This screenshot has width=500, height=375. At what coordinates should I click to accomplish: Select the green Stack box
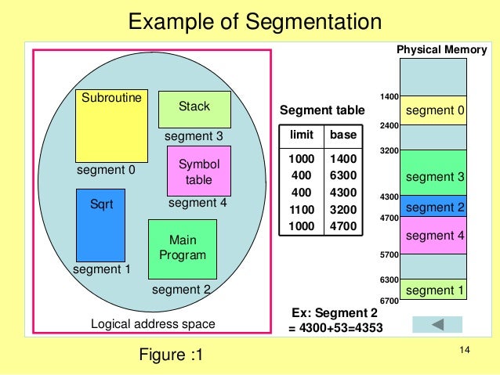pyautogui.click(x=194, y=109)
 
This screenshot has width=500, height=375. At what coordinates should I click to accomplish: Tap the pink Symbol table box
pyautogui.click(x=199, y=172)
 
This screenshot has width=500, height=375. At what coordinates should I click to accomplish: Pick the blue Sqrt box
pyautogui.click(x=100, y=225)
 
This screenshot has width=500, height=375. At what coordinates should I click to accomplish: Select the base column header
pyautogui.click(x=343, y=135)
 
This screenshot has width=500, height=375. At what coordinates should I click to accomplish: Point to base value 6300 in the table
pyautogui.click(x=343, y=176)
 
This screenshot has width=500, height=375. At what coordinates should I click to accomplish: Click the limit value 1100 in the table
pyautogui.click(x=300, y=210)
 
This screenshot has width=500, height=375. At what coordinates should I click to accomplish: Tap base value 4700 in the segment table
pyautogui.click(x=343, y=226)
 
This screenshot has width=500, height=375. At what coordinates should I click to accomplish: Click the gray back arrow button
pyautogui.click(x=437, y=323)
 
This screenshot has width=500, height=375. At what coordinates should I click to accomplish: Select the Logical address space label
pyautogui.click(x=153, y=323)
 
